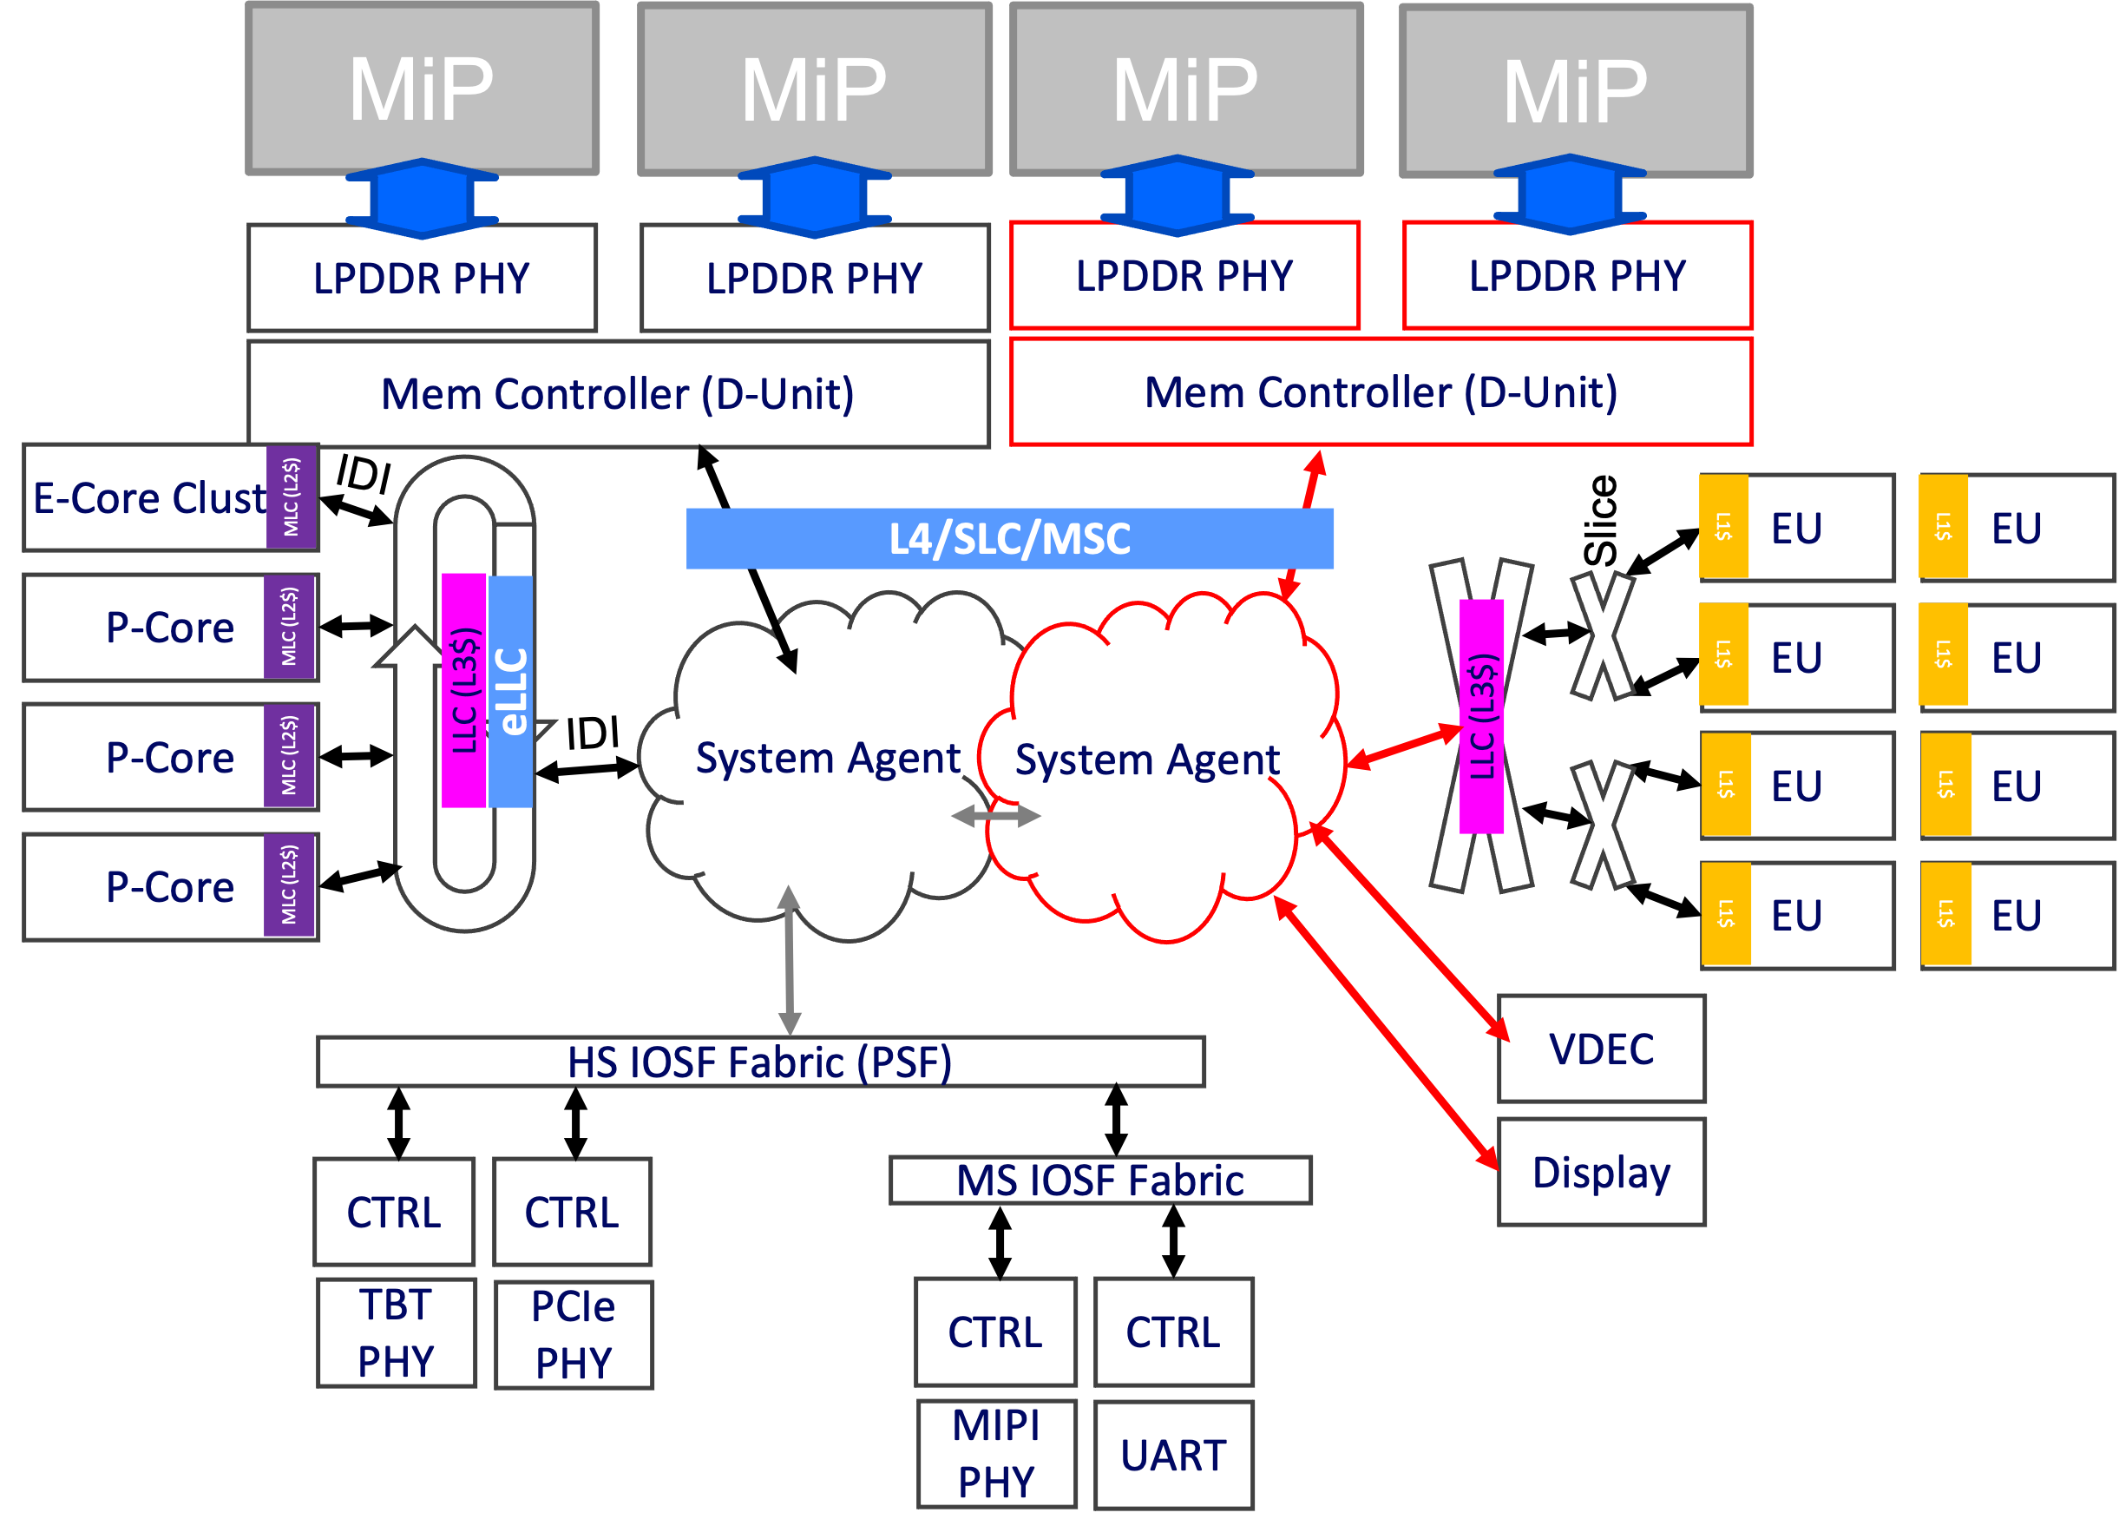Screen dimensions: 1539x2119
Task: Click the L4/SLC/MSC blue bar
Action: coord(1009,538)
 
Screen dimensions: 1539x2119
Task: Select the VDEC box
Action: coord(1600,1049)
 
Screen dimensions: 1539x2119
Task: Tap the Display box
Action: coord(1600,1172)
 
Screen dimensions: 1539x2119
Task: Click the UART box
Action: coord(1172,1455)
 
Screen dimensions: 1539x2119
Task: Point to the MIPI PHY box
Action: coord(996,1453)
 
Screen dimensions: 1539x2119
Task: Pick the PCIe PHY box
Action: coord(573,1334)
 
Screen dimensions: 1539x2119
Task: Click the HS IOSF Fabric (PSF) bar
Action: coord(759,1062)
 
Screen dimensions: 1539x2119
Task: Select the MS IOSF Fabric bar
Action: coord(1099,1181)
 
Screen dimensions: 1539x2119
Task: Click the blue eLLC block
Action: coord(511,692)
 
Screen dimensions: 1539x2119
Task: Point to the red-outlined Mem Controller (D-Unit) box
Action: coord(1380,392)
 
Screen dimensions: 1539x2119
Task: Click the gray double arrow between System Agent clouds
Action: coord(995,817)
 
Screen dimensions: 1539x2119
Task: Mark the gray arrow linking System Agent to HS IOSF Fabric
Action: coord(790,963)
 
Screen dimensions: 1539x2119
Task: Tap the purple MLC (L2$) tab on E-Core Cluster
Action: coord(292,498)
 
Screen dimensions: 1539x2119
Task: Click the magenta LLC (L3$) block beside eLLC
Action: coord(464,692)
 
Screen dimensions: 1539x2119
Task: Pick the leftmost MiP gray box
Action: coord(422,89)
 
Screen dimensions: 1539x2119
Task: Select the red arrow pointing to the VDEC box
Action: coord(1411,935)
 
